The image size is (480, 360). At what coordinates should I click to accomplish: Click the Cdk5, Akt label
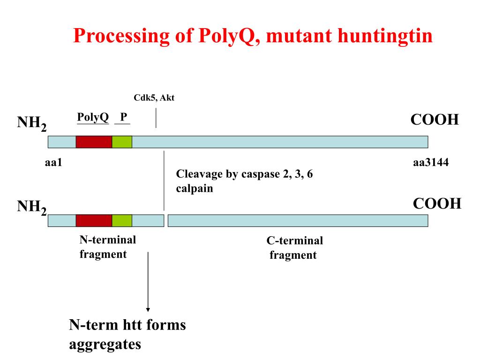tap(154, 98)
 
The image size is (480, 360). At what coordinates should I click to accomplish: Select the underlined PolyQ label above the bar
tap(93, 117)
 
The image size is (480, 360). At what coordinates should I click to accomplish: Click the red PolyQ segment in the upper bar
tap(94, 142)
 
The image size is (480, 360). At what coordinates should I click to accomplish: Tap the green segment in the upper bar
tap(122, 142)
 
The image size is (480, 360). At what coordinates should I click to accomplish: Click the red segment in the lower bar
tap(94, 220)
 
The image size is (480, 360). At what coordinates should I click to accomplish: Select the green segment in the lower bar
tap(122, 220)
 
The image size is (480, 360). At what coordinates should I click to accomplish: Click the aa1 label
tap(53, 163)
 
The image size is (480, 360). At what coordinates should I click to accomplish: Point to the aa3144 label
tap(431, 163)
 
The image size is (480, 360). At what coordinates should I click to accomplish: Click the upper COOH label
tap(434, 120)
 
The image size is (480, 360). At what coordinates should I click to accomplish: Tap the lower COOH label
tap(437, 203)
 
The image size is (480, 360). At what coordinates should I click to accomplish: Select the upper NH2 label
tap(32, 124)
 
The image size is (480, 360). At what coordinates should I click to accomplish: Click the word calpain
tap(195, 189)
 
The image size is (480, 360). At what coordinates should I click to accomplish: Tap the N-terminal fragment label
tap(107, 247)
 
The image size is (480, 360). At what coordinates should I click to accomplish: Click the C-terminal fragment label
tap(294, 248)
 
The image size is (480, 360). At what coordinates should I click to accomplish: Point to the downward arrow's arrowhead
tap(148, 309)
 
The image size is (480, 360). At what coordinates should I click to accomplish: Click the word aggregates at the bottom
tap(105, 345)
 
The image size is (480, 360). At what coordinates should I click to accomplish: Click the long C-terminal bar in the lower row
tap(298, 220)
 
